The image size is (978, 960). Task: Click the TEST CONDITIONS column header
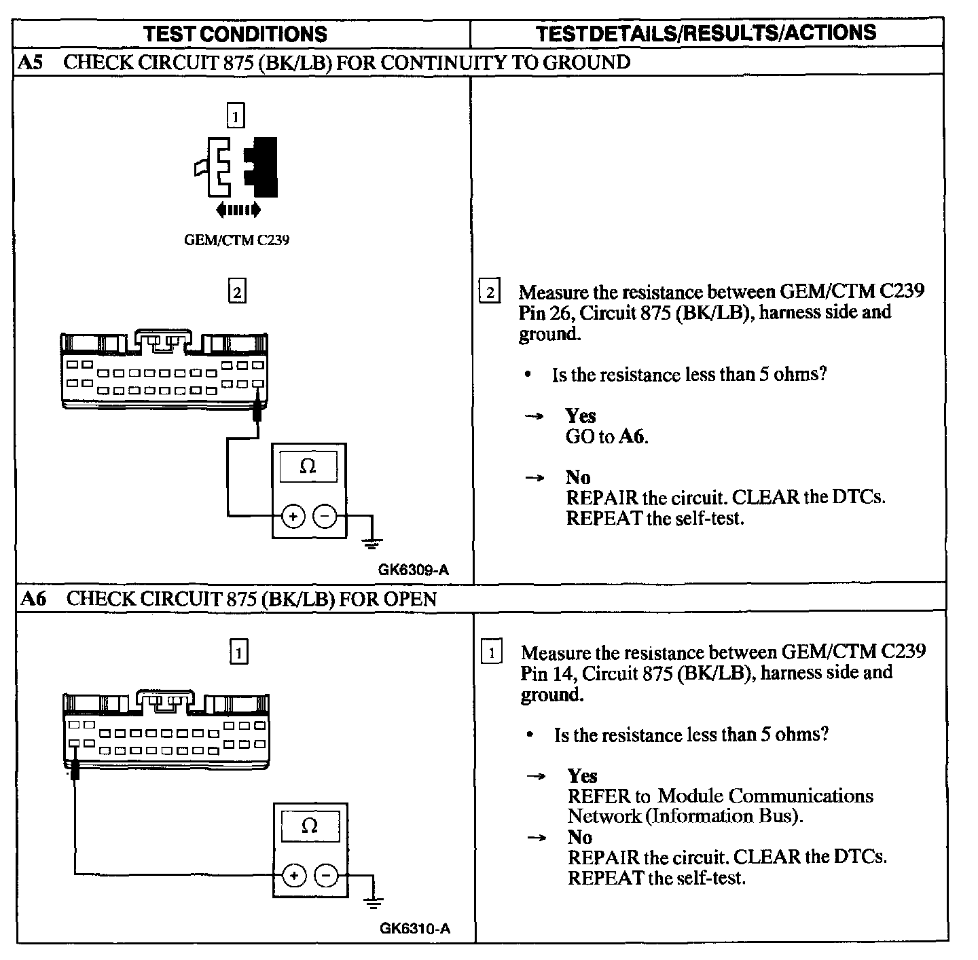236,34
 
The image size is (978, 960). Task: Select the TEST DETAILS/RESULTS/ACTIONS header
706,33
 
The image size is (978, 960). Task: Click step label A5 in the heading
30,62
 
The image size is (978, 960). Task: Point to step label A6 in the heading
34,599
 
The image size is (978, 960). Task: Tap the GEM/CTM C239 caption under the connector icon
236,240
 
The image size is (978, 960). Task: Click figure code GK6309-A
413,570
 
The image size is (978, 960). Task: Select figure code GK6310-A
414,928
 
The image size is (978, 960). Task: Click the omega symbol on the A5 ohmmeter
308,466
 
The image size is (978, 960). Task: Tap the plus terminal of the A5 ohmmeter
293,517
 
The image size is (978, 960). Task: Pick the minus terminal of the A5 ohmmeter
325,517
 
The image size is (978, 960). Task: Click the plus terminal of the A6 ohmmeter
295,876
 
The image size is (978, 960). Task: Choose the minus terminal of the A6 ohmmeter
326,876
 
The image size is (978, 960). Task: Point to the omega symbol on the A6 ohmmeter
309,826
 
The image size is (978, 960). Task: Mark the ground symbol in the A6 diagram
373,902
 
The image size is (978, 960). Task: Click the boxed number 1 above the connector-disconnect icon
235,116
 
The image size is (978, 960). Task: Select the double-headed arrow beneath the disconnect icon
238,210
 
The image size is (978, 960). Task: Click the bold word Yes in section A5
580,416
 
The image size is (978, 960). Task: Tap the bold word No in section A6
579,836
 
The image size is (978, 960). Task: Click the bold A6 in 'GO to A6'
632,437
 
